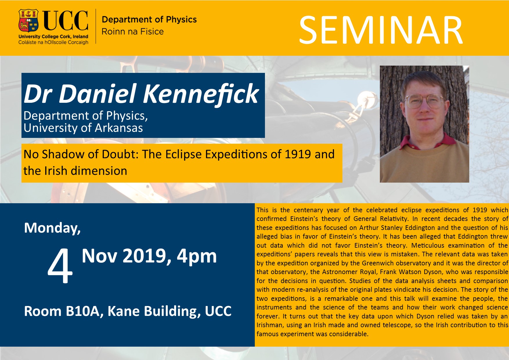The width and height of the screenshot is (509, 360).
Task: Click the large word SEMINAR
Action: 381,30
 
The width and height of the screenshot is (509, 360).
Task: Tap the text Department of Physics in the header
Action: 149,19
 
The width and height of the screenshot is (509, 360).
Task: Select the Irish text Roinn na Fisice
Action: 133,31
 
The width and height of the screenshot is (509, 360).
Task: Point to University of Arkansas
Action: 83,128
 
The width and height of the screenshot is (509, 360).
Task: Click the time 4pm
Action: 197,256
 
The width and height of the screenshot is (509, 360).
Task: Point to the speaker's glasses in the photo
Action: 425,100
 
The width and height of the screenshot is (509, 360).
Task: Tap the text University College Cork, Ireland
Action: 53,37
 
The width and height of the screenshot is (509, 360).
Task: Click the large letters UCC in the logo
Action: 66,20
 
